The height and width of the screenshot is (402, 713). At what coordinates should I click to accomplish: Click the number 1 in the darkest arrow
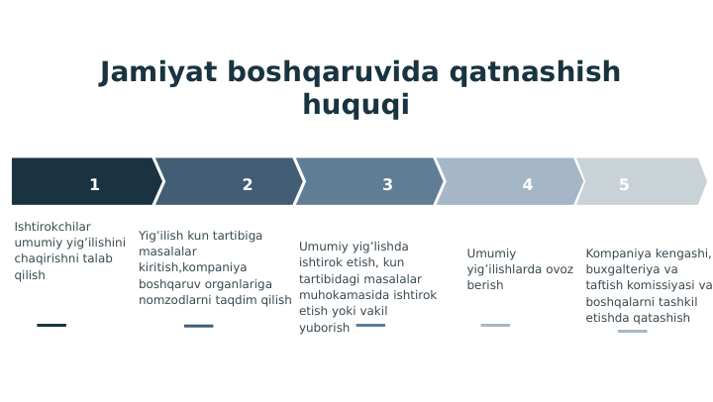[x=94, y=185]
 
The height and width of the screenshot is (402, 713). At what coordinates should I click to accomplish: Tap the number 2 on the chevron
[x=248, y=185]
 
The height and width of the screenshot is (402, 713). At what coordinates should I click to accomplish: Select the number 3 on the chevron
[x=387, y=185]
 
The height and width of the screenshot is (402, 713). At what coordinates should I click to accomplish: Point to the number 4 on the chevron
[x=528, y=185]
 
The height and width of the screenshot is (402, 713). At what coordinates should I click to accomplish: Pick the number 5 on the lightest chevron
[x=624, y=185]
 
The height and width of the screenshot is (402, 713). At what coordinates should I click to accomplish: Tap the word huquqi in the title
[x=356, y=105]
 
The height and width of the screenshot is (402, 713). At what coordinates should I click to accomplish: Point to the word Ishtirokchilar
[x=52, y=227]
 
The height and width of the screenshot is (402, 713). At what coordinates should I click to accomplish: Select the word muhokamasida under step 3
[x=348, y=295]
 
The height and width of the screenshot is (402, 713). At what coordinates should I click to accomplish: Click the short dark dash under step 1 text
[x=51, y=325]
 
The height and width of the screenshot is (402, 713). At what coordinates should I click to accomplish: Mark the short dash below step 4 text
[x=495, y=325]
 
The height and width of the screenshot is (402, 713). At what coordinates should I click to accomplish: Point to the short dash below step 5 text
[x=632, y=332]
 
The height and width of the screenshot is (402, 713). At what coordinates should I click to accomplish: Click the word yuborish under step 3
[x=325, y=328]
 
